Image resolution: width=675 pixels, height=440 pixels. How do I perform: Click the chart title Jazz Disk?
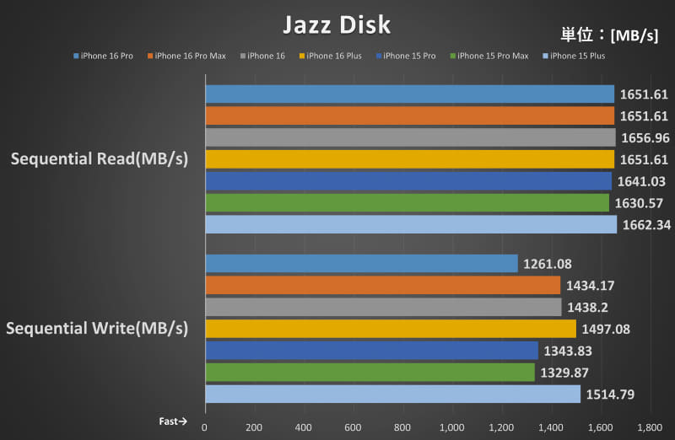(337, 24)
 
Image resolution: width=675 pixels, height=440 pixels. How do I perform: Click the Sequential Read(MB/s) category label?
(99, 158)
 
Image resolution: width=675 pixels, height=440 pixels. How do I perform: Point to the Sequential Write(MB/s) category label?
(97, 327)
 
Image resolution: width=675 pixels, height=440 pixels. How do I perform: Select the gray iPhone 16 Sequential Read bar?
(410, 137)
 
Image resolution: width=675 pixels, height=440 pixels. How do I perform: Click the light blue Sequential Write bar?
(392, 394)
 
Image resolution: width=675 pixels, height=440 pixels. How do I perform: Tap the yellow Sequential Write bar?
(390, 328)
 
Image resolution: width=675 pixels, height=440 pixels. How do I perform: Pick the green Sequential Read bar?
(407, 202)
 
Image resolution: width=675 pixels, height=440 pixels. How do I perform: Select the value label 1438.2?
(587, 308)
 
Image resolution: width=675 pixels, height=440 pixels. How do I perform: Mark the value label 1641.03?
(639, 181)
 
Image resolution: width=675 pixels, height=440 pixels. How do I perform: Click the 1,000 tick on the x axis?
(452, 427)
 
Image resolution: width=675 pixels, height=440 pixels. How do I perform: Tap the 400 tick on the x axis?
(304, 427)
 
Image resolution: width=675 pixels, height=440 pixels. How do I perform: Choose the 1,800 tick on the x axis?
(650, 427)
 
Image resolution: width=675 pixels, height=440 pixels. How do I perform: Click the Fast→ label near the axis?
(173, 421)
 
